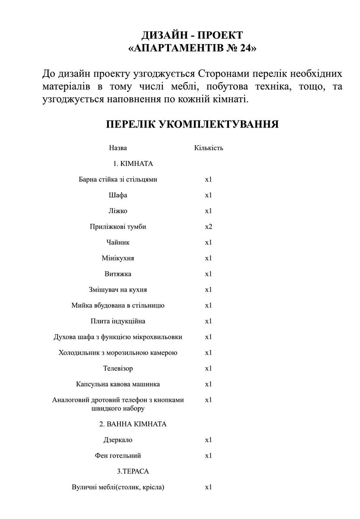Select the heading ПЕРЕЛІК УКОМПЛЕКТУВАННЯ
point(192,125)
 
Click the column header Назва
point(118,148)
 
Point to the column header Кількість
point(208,148)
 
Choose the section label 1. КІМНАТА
point(133,164)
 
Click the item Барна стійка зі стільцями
point(118,179)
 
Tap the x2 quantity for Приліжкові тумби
point(208,227)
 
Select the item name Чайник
point(118,243)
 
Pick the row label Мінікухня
point(118,258)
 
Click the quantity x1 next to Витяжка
point(208,274)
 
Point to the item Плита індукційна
point(118,321)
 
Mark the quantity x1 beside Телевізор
point(208,368)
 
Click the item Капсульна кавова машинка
point(118,384)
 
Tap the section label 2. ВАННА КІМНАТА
point(133,424)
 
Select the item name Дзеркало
point(118,440)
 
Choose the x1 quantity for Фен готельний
point(208,456)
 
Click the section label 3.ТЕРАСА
point(133,471)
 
